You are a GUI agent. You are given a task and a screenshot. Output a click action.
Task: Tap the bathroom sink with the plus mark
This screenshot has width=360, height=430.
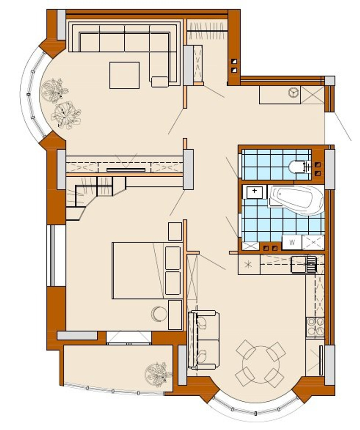254,192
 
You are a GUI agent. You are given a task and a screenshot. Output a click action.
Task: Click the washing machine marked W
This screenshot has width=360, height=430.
292,242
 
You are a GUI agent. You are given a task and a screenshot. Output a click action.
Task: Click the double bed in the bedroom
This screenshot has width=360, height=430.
147,270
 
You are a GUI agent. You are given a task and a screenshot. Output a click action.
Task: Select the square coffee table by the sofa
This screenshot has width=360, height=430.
124,75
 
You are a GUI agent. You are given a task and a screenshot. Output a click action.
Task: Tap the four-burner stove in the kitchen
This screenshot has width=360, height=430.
315,327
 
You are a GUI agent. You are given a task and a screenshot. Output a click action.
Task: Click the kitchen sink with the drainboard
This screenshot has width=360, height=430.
304,264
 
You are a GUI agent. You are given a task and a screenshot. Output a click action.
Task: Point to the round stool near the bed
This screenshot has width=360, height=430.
159,314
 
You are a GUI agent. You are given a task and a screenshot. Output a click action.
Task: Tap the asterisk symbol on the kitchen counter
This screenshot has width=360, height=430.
248,264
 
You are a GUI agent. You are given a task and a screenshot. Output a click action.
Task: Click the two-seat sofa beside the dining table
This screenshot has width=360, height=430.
203,340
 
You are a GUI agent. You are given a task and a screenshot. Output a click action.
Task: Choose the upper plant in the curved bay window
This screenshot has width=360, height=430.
54,90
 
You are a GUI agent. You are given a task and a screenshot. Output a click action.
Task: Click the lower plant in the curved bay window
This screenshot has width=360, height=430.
66,114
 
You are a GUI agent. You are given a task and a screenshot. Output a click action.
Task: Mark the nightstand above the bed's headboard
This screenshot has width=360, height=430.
175,231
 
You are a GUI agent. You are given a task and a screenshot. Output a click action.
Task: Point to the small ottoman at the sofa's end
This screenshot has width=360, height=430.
160,82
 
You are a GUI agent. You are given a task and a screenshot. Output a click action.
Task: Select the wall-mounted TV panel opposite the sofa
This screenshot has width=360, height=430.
126,170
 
